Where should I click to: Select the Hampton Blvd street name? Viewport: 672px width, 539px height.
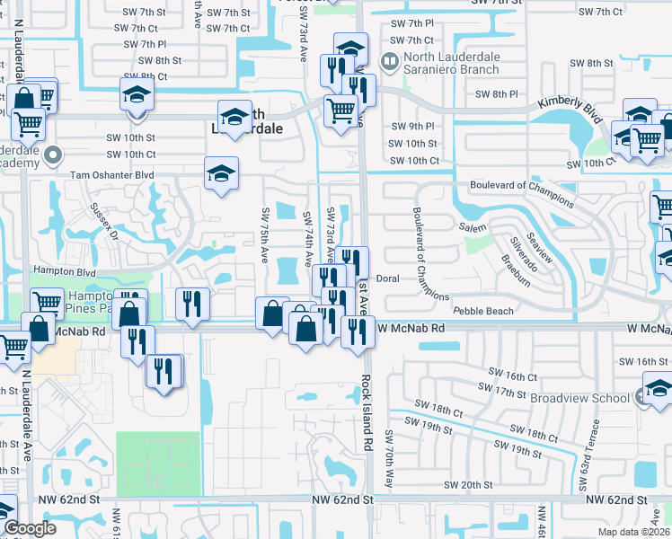point(64,269)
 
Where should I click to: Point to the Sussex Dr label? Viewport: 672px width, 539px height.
point(105,220)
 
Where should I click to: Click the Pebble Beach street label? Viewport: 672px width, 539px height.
point(484,311)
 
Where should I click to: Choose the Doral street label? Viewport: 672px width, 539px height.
point(387,278)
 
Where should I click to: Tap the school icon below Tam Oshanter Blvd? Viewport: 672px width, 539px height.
point(220,173)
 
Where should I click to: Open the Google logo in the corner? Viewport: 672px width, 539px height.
point(30,529)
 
